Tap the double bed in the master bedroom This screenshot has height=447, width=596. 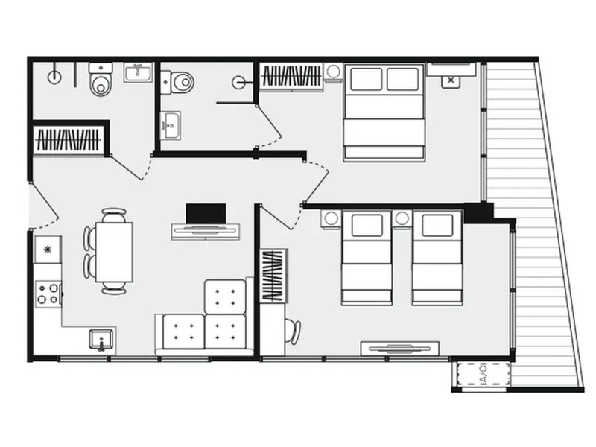click(384, 112)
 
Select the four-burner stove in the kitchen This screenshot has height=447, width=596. click(48, 294)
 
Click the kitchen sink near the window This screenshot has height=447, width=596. click(101, 340)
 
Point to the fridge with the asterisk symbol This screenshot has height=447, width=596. click(48, 250)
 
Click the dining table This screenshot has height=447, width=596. click(114, 252)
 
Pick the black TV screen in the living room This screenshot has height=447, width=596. click(206, 214)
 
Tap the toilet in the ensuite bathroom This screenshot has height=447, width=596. click(177, 82)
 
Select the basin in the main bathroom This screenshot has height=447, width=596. click(138, 72)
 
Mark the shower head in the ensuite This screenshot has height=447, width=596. click(238, 82)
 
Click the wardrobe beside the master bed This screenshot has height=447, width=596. click(291, 77)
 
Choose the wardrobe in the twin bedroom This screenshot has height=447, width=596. click(273, 276)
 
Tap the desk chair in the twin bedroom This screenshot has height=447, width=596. click(294, 331)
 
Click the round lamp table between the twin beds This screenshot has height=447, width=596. click(402, 218)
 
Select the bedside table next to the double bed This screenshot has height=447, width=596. click(333, 72)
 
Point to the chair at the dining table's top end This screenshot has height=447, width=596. click(114, 215)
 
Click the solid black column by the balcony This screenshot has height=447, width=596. click(478, 213)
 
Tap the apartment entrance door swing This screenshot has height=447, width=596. click(45, 206)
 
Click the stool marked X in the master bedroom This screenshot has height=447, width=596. click(451, 80)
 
